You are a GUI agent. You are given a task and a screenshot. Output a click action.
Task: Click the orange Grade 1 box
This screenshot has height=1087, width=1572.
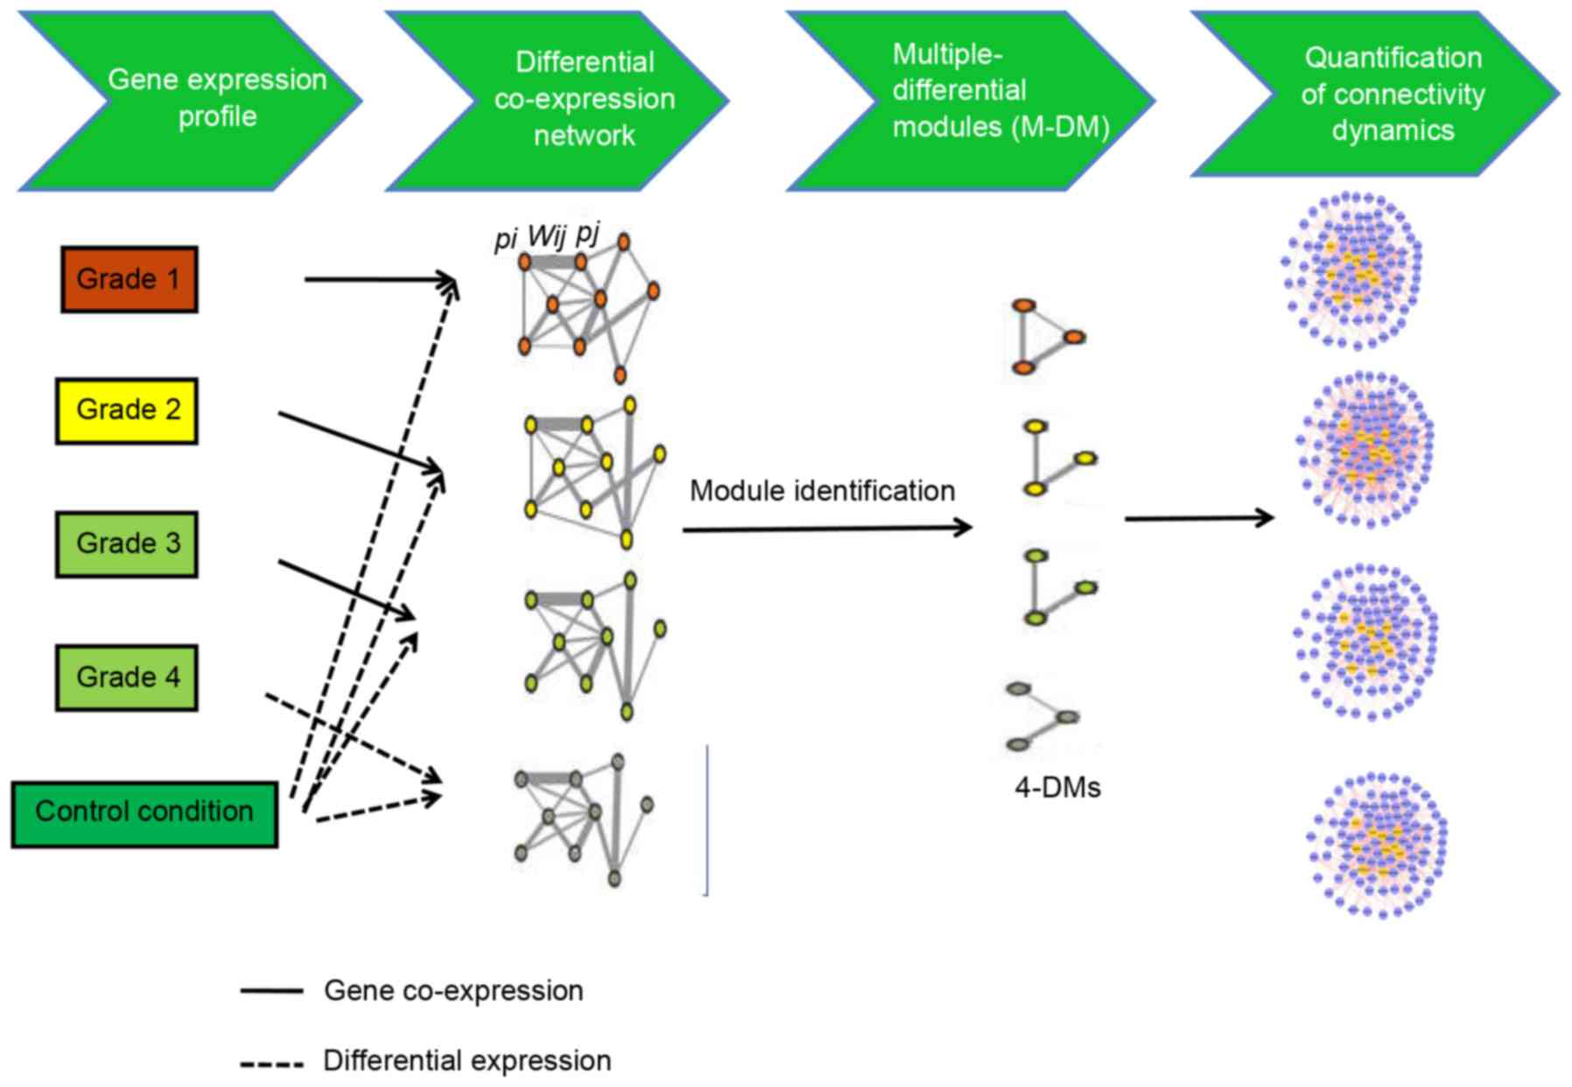[129, 279]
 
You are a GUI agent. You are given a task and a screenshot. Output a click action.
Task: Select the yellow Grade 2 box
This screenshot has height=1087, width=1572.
[127, 410]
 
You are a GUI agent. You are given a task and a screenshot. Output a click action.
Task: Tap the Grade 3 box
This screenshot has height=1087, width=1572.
[127, 543]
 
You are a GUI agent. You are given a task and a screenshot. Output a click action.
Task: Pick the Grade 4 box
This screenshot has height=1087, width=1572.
[127, 677]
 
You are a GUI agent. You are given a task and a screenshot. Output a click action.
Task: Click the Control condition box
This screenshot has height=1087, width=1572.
[144, 814]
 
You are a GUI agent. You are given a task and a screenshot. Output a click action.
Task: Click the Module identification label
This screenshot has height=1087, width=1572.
[822, 491]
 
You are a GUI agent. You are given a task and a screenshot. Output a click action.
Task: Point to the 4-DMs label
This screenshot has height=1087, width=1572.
[1056, 788]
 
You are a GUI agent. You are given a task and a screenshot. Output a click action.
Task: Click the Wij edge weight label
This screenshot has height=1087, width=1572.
[547, 235]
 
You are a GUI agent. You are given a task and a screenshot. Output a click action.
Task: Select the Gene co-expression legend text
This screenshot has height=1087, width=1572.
[453, 991]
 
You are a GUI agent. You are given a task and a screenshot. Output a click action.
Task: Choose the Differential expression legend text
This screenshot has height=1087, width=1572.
[467, 1061]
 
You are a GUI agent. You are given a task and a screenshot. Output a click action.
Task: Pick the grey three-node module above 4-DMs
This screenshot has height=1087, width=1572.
[1042, 717]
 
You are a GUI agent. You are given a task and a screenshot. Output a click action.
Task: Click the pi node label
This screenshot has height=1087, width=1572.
[505, 239]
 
